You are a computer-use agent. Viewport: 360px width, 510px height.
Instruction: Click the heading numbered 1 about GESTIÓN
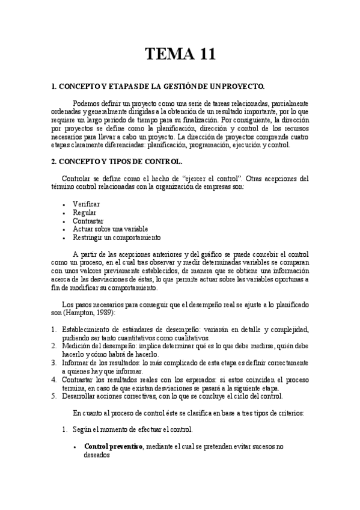(x=158, y=87)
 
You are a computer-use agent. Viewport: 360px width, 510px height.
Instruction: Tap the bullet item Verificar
(x=86, y=204)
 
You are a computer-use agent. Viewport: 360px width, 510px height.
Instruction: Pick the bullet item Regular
(x=84, y=213)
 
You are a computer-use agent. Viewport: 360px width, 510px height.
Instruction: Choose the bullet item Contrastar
(x=88, y=221)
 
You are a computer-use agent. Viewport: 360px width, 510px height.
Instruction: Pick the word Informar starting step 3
(x=78, y=363)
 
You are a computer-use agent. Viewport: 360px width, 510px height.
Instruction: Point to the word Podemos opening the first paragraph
(x=88, y=103)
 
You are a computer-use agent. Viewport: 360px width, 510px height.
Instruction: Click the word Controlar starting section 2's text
(x=79, y=179)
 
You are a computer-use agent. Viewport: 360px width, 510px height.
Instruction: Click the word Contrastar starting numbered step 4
(x=81, y=379)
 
